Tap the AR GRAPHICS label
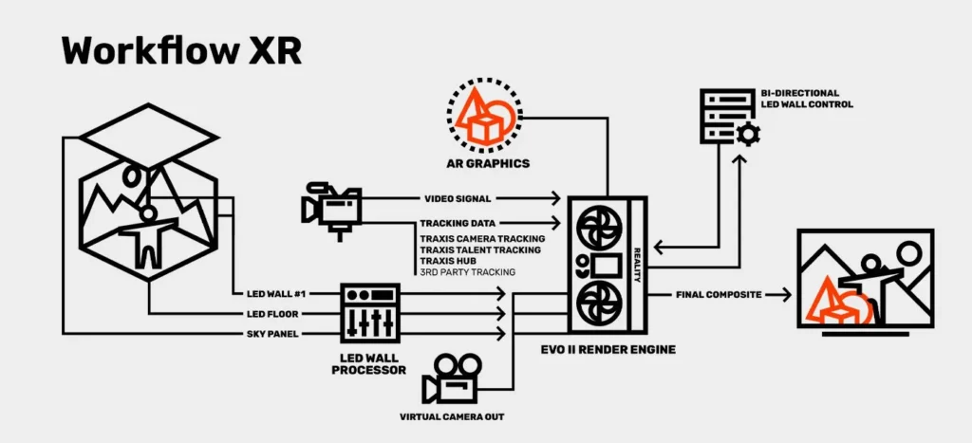(488, 163)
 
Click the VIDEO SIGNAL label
(457, 199)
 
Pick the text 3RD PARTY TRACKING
(468, 272)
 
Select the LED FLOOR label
(266, 314)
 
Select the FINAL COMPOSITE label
(720, 295)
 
